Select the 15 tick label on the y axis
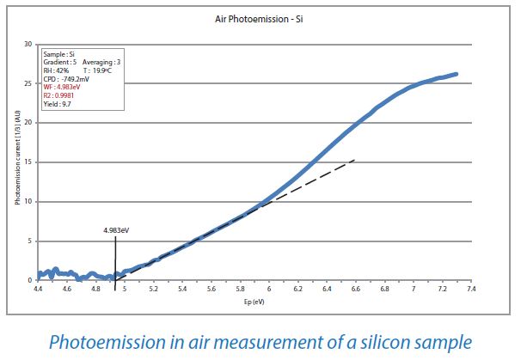28,162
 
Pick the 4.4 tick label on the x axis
39,290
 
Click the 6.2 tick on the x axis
298,290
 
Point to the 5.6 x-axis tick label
211,290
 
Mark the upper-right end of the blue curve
456,74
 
